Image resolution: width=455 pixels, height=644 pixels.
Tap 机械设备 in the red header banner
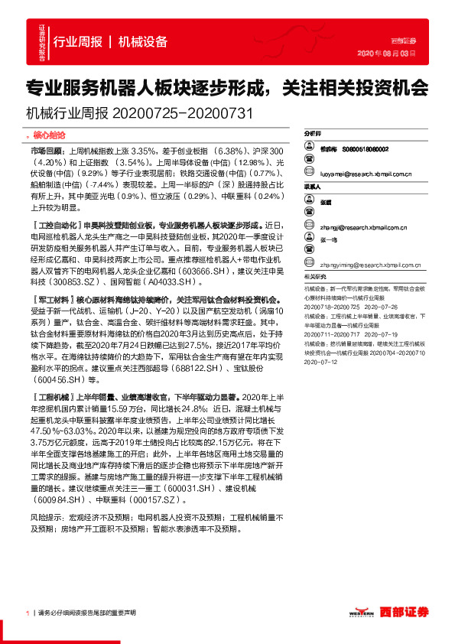145,42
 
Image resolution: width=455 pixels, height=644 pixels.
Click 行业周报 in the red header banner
80,42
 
